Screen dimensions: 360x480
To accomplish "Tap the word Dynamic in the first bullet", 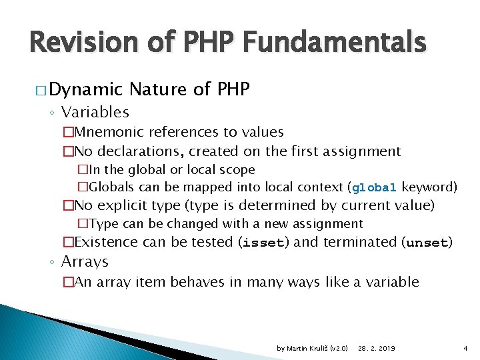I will [x=87, y=89].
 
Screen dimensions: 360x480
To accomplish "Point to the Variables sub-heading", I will [x=95, y=112].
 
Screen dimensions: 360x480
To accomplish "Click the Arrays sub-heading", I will [x=85, y=261].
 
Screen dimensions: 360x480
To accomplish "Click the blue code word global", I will [x=375, y=187].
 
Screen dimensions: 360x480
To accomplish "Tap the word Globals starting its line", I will [x=111, y=186].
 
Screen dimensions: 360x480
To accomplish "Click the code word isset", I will [x=263, y=243].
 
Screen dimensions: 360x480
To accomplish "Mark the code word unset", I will [x=427, y=243].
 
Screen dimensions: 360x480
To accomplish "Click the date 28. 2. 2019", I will [x=377, y=349].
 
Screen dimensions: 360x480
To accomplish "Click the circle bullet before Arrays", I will [x=53, y=262].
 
